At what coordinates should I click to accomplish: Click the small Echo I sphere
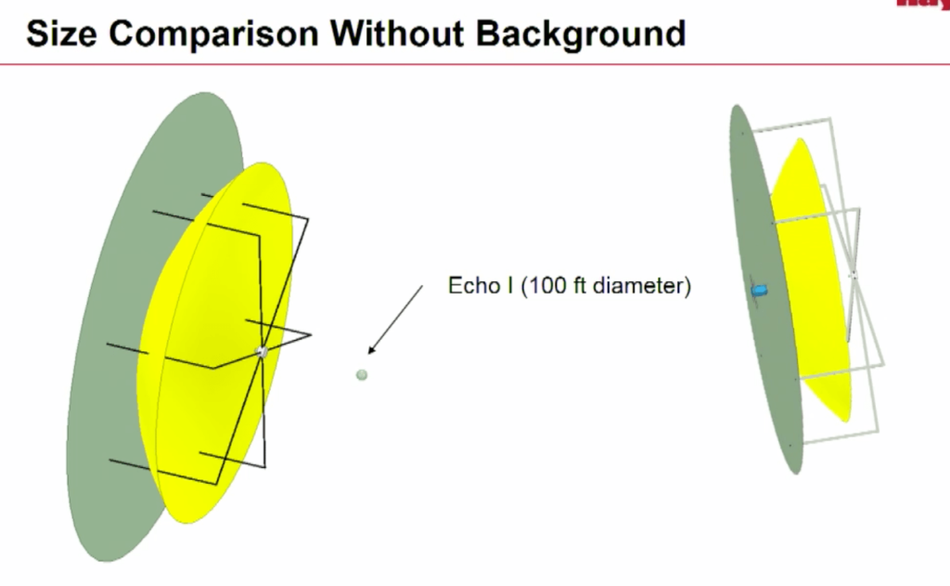click(x=362, y=374)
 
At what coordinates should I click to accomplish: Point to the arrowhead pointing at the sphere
click(x=371, y=350)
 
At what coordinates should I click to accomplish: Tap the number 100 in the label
click(x=544, y=286)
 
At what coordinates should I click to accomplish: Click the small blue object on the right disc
click(x=759, y=291)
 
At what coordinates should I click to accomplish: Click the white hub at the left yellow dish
click(x=262, y=350)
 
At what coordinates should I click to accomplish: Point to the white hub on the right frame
click(x=853, y=274)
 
